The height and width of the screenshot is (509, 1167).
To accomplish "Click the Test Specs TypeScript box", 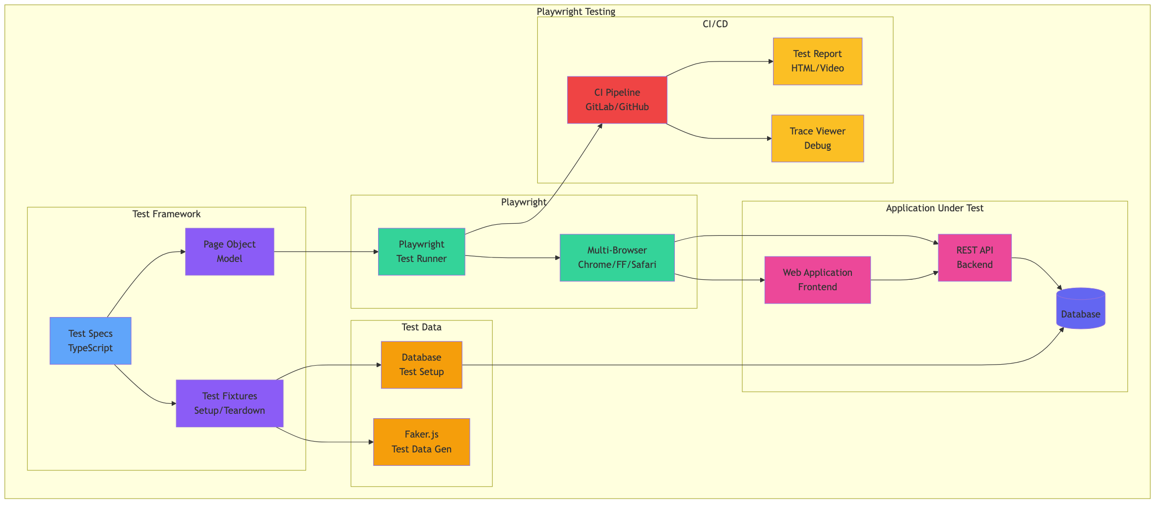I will click(90, 341).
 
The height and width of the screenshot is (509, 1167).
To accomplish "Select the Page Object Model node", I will click(229, 252).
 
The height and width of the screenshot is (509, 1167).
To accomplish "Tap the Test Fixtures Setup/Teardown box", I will click(229, 403).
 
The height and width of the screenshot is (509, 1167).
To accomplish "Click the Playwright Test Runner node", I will click(421, 252).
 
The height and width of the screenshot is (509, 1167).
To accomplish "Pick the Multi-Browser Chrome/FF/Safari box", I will click(617, 257).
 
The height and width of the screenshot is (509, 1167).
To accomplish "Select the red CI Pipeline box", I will click(617, 100).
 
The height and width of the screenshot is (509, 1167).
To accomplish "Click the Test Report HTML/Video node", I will click(817, 61).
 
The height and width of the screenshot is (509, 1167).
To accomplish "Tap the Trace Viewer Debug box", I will click(817, 138).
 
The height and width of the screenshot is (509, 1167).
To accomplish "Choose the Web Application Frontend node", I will click(817, 280).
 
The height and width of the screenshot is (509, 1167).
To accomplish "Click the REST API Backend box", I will click(974, 257).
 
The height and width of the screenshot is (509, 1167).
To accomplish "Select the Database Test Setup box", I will click(421, 365).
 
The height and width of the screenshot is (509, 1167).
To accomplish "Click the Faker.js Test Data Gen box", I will click(421, 442).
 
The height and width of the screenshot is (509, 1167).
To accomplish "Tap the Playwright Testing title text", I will click(576, 11).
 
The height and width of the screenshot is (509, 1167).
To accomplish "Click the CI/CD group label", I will click(715, 24).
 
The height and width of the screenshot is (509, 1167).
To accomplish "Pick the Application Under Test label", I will click(934, 208).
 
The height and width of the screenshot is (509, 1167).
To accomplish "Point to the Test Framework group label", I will click(166, 214).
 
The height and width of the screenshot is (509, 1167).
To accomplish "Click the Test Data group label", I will click(421, 327).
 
